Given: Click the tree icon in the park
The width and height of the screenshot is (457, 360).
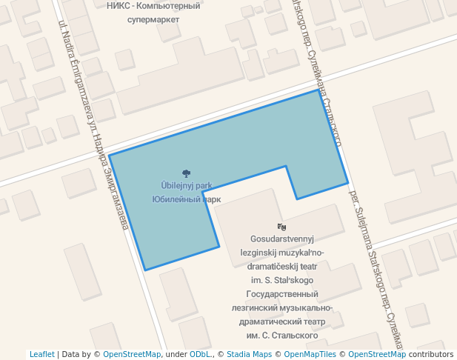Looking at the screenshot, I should tap(186, 173).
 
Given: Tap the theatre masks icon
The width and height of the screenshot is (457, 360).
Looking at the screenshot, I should tap(281, 227).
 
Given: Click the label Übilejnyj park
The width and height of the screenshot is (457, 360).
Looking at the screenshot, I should tap(186, 186).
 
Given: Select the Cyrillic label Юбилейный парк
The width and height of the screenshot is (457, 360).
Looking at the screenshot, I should tap(186, 199).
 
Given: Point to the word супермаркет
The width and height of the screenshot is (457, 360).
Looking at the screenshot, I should tap(153, 19).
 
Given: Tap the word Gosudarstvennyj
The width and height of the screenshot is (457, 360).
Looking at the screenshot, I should tap(283, 239).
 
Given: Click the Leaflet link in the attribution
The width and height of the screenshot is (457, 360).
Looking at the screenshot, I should tap(41, 354).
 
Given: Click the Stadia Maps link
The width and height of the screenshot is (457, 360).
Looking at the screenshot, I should tap(249, 354).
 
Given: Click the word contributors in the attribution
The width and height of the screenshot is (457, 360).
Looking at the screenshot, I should tap(431, 354).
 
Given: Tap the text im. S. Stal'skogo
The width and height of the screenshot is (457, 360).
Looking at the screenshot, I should tap(282, 280).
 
